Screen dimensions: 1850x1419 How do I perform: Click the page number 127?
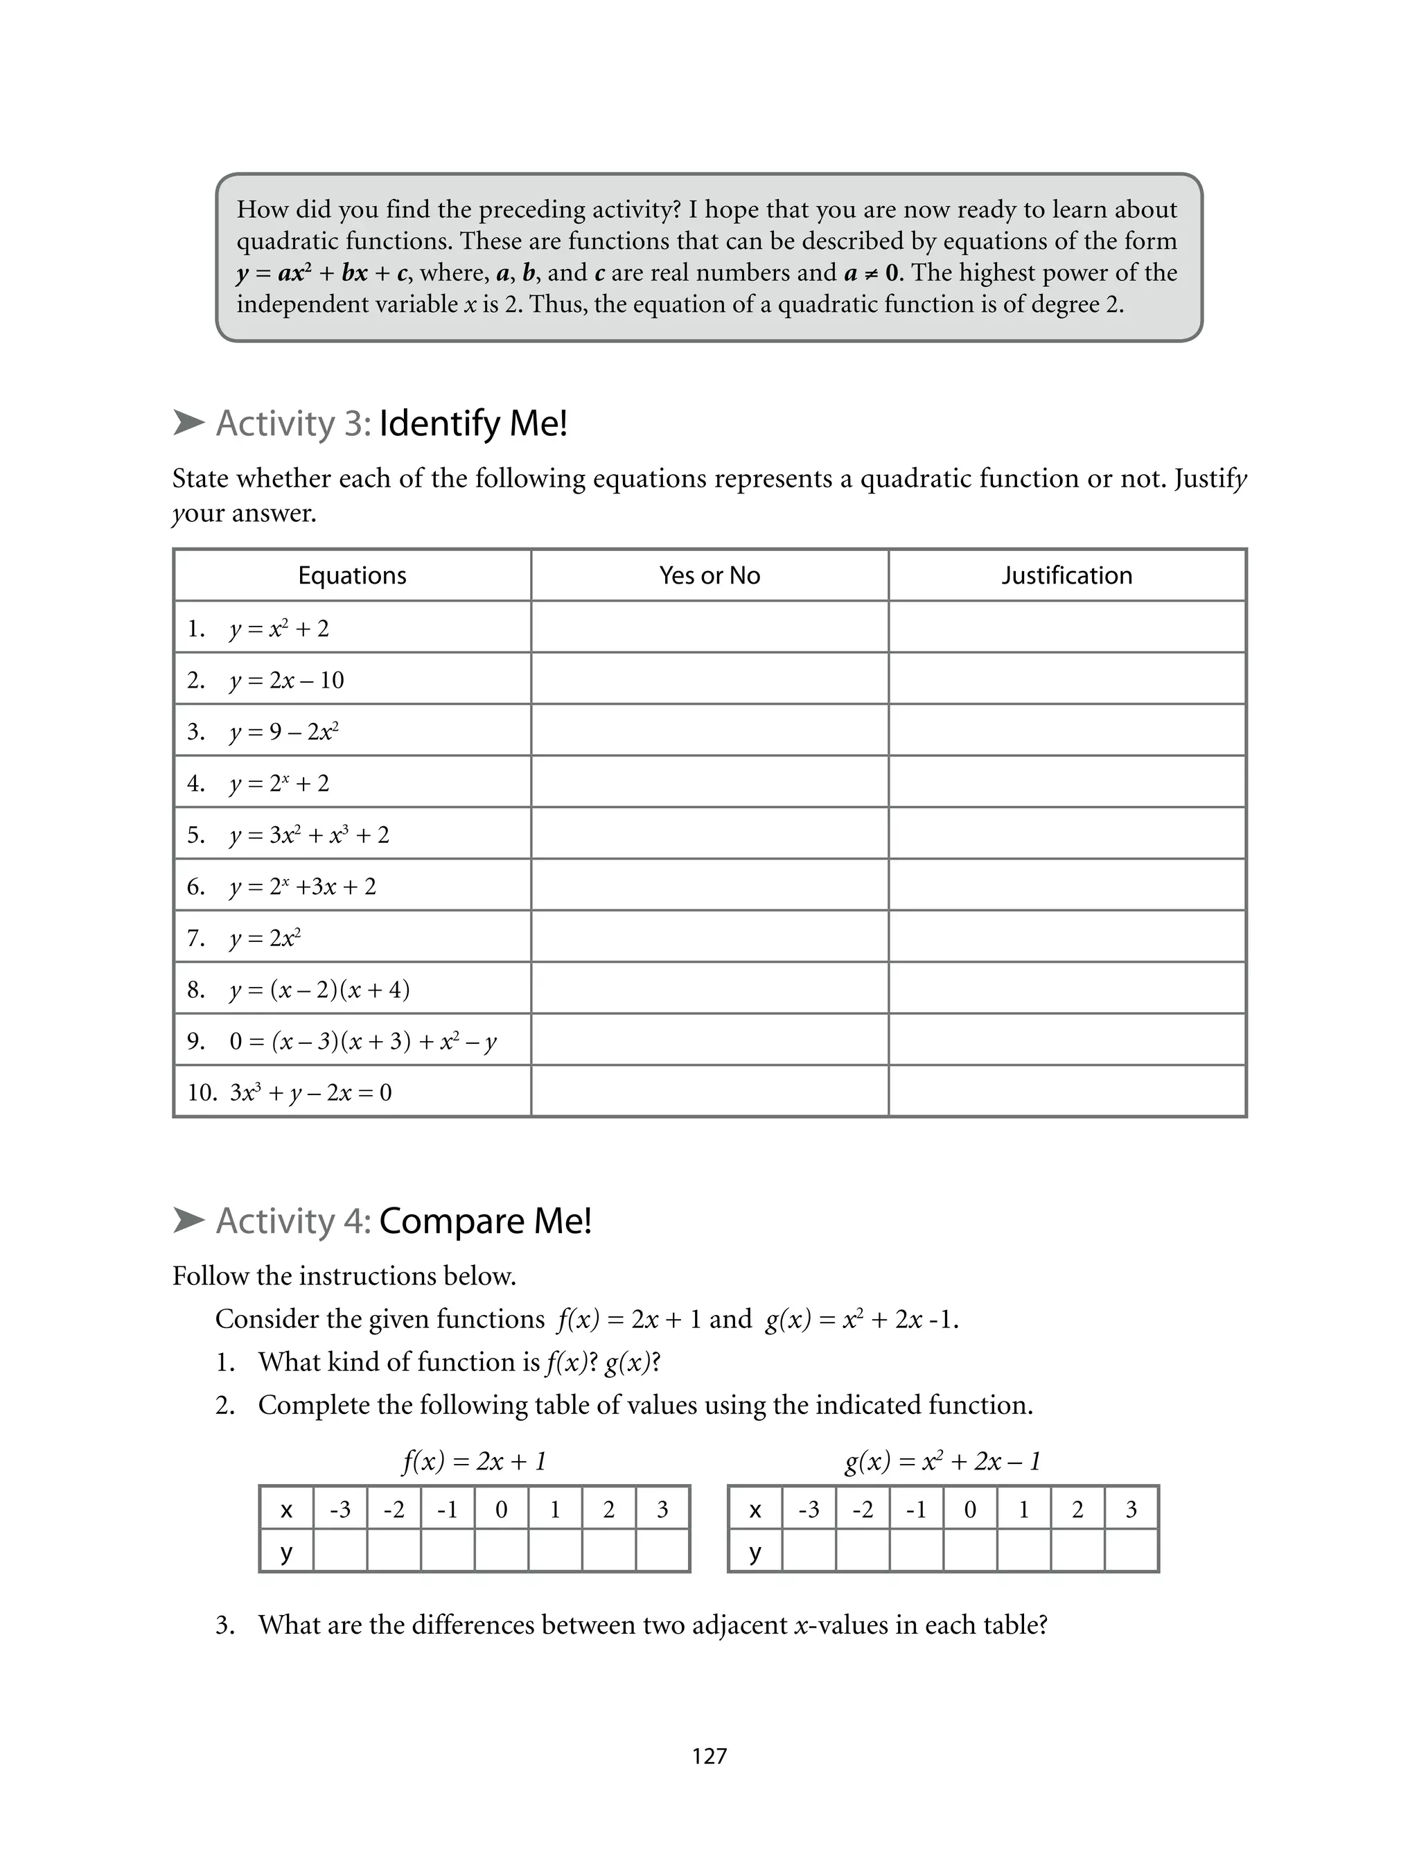tap(709, 1756)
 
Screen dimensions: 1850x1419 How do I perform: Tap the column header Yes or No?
tap(709, 575)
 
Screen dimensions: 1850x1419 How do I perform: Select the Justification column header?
tap(1067, 575)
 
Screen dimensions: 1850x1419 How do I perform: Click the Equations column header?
tap(352, 575)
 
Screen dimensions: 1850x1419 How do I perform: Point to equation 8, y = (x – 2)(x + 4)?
tap(319, 989)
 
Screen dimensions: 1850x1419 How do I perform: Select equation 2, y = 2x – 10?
tap(286, 680)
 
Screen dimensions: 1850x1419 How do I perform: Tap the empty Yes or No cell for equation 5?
tap(709, 834)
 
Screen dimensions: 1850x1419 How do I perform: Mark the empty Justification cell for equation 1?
tap(1067, 628)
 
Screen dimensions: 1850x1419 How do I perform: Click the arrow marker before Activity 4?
tap(188, 1220)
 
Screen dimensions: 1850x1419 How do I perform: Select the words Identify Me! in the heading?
tap(473, 424)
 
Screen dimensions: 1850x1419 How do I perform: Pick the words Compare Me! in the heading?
tap(486, 1221)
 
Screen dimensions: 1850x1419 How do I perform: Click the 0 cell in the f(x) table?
tap(501, 1510)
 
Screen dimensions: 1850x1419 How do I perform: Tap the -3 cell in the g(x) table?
tap(809, 1510)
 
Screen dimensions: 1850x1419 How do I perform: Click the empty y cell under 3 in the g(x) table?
tap(1131, 1552)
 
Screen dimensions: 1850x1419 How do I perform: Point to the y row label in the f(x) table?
tap(286, 1552)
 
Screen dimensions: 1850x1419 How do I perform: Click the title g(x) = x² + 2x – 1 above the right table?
tap(942, 1460)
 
